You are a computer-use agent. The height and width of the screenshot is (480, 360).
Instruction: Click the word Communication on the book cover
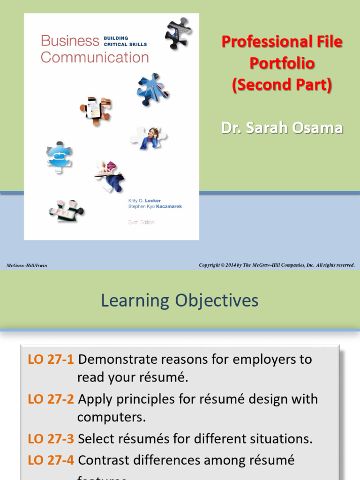[95, 58]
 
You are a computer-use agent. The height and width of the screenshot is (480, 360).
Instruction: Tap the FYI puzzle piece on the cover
[66, 211]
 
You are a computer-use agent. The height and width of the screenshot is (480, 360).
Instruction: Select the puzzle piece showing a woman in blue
[149, 138]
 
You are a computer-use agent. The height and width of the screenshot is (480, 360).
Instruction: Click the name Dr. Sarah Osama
[282, 128]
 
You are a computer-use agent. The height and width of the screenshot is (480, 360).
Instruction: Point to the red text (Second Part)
[282, 85]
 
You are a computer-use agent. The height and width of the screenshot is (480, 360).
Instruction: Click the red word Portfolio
[282, 63]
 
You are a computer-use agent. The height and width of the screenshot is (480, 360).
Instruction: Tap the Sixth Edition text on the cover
[141, 222]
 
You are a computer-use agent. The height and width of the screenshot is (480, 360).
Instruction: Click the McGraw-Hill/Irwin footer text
[27, 266]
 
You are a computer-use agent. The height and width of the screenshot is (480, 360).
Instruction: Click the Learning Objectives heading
[180, 300]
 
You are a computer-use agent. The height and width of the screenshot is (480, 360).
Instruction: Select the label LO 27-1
[51, 360]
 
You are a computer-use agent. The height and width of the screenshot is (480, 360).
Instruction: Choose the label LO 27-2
[51, 399]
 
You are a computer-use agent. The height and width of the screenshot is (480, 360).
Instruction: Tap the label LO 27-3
[51, 439]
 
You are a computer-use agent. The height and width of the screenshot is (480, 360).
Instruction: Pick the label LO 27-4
[51, 460]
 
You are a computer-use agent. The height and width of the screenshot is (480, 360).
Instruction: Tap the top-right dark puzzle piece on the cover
[177, 33]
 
